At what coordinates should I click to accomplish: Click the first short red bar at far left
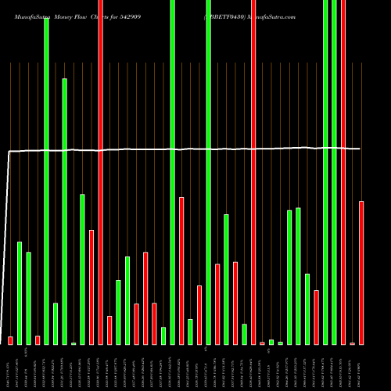point(10,340)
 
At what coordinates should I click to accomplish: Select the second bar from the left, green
point(20,292)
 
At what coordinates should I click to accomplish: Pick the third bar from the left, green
point(28,298)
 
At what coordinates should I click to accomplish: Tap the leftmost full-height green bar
point(46,180)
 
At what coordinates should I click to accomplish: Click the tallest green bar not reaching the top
point(64,211)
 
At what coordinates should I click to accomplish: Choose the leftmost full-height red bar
point(100,172)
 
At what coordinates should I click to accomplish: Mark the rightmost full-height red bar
point(343,172)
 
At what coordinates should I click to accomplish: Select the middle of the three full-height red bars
point(253,172)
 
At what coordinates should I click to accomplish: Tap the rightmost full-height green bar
point(335,172)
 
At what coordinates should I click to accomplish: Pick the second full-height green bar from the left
point(172,172)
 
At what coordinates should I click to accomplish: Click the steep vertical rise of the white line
point(8,250)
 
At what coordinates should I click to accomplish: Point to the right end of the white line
point(361,149)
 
